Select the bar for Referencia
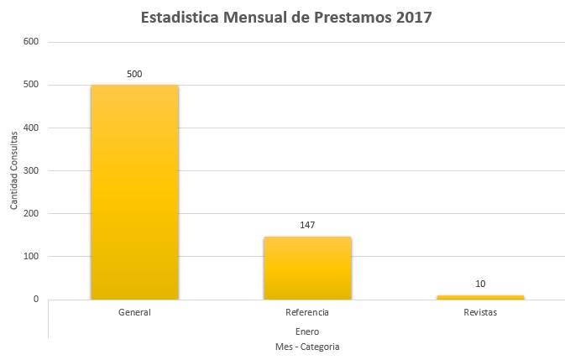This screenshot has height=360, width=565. click(307, 267)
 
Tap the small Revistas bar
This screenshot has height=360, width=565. click(480, 296)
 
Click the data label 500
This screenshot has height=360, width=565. click(134, 74)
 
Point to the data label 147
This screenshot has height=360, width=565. click(307, 225)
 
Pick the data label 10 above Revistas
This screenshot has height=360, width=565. click(480, 284)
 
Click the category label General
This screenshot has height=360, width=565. click(134, 313)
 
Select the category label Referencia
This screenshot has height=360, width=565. click(307, 313)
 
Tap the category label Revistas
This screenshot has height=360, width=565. click(480, 313)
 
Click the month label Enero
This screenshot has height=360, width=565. click(307, 331)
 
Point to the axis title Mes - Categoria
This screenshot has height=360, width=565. click(307, 346)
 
